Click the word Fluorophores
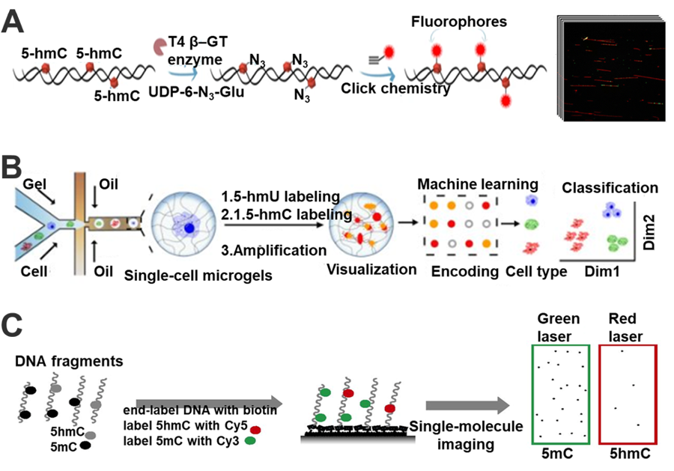coord(449,14)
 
